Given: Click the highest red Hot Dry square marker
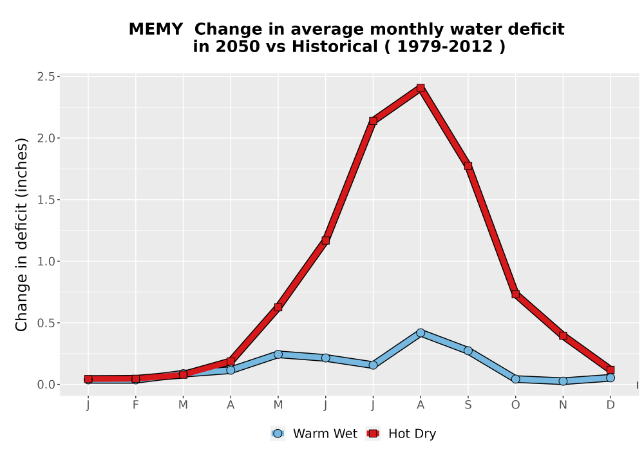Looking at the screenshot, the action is tap(420, 88).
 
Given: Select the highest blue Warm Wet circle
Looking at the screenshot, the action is tap(420, 332).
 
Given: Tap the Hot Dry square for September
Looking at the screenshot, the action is tap(468, 166).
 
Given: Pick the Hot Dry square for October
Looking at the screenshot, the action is tap(515, 294).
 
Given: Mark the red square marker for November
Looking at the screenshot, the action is tap(563, 336).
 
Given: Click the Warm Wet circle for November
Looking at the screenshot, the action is tap(563, 381).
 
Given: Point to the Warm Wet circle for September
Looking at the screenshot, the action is tap(468, 350).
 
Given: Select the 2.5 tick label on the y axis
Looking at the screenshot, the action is tap(46, 77).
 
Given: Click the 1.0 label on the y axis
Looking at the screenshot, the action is tap(46, 261).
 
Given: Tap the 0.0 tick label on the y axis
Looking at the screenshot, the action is tap(46, 385).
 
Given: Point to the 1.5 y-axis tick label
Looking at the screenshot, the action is tap(46, 200).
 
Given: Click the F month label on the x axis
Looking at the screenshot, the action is tap(135, 405).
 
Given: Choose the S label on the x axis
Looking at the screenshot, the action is tap(468, 405).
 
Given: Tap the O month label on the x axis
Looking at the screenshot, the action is tap(515, 405).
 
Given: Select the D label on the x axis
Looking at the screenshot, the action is tap(611, 405).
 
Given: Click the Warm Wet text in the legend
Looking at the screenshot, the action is tap(325, 434).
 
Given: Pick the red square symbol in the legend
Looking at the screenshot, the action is tap(373, 434).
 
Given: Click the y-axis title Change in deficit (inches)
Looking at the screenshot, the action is tap(21, 235).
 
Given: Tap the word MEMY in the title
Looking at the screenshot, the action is tap(156, 29).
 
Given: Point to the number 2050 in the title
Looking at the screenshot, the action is tap(238, 46).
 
